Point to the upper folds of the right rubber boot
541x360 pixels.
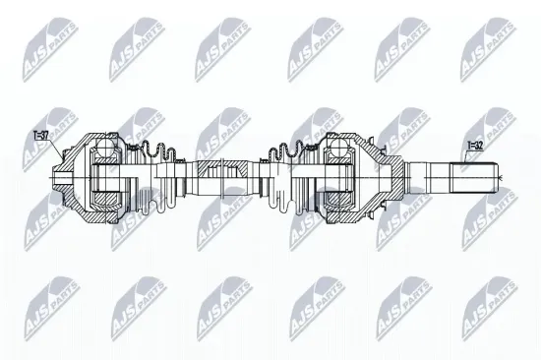click(x=285, y=151)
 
